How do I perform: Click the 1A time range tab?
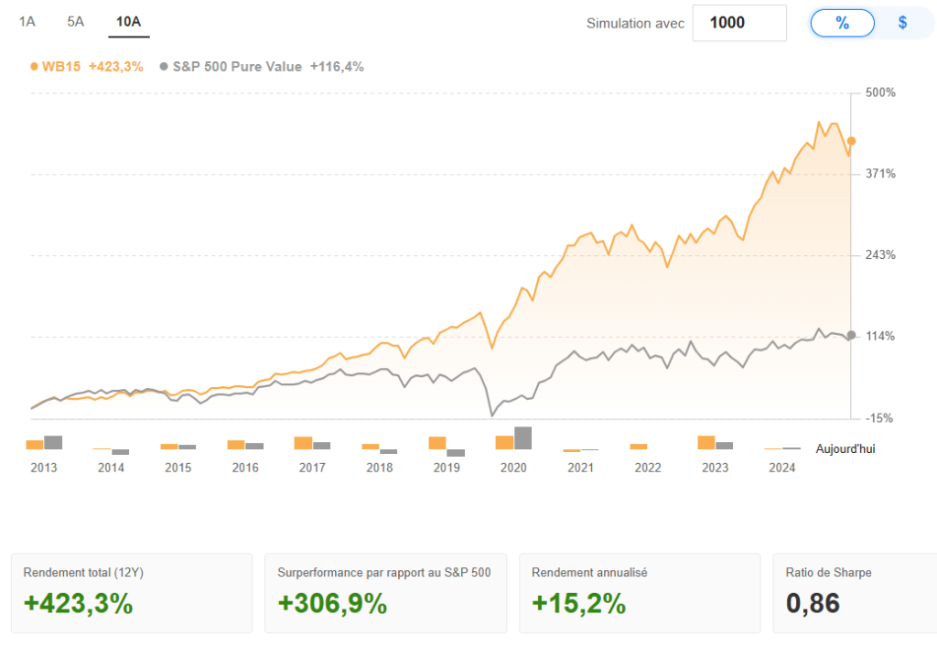[x=27, y=21]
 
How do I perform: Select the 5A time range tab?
[x=76, y=21]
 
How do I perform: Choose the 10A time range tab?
[x=128, y=21]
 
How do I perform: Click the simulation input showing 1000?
[x=739, y=23]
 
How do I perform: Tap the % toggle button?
[x=843, y=23]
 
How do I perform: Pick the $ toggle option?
[x=902, y=23]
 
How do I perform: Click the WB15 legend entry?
[x=87, y=66]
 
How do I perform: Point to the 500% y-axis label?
[x=881, y=93]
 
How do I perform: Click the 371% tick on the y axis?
[x=880, y=174]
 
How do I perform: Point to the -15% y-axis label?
[x=880, y=418]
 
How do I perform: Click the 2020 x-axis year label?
[x=513, y=468]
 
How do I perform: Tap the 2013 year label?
[x=44, y=468]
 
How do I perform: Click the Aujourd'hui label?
[x=845, y=449]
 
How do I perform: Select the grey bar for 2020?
[x=523, y=438]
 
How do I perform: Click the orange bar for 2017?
[x=303, y=443]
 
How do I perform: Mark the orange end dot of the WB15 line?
[x=852, y=141]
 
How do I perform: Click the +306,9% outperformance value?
[x=332, y=604]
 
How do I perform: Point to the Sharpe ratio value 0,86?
[x=813, y=604]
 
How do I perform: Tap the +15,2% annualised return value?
[x=578, y=604]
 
